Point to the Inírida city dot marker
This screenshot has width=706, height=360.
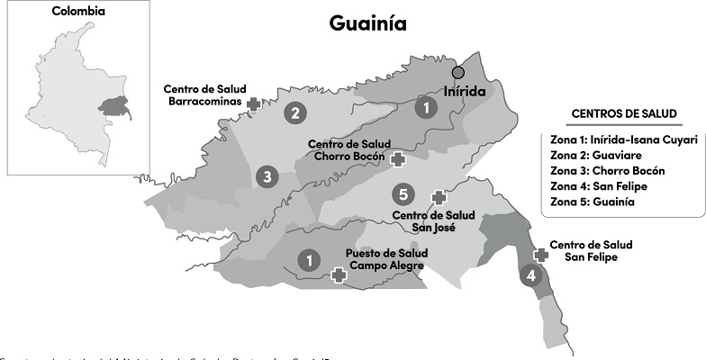point(458,72)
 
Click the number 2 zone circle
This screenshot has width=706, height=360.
point(294,113)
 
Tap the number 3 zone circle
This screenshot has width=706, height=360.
point(265,177)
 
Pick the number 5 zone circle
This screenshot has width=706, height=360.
point(404,194)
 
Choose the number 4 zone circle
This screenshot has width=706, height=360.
point(530,276)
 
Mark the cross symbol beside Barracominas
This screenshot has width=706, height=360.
point(255,105)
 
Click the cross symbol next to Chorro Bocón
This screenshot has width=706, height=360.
point(397,158)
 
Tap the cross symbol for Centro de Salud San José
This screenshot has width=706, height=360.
point(439,197)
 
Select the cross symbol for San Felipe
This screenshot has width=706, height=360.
point(541,255)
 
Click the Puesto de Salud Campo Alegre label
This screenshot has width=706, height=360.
point(386,259)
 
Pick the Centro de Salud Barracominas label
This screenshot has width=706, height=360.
point(204,95)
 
